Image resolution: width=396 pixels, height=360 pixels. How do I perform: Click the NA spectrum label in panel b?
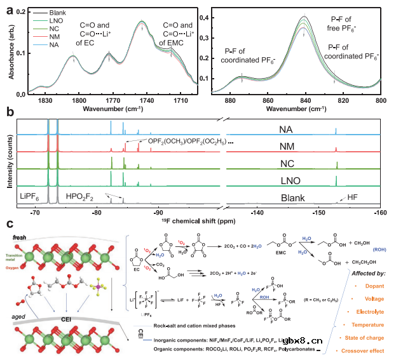[x=287, y=130]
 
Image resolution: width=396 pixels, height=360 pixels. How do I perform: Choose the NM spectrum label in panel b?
[x=287, y=147]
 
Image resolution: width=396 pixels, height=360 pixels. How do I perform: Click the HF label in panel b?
[x=353, y=197]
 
